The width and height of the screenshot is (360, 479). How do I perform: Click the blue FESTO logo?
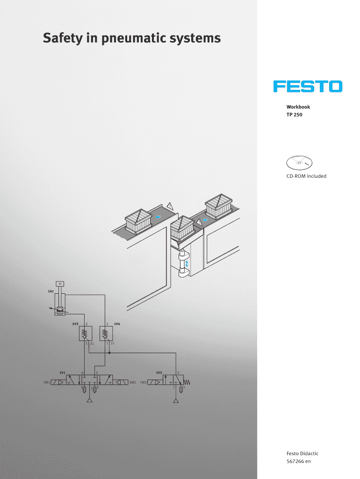308,87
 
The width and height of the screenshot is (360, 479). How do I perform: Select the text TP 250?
295,115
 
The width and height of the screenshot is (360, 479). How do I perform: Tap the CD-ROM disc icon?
299,162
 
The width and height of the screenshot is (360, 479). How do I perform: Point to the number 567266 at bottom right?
295,461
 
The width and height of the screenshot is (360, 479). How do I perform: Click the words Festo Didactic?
302,453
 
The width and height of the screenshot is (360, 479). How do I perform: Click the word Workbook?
298,107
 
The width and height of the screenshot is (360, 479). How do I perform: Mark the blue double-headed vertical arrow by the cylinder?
187,264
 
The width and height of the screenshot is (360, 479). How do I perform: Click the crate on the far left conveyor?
138,221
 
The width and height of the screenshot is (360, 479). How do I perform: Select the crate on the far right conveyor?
219,206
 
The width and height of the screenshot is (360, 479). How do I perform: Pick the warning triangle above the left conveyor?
170,206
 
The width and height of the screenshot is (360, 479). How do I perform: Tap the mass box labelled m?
60,284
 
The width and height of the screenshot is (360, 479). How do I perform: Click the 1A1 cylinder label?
50,291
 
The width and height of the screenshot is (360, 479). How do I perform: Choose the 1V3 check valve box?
86,334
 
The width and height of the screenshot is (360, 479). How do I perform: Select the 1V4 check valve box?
106,334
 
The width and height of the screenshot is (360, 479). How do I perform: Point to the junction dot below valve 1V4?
109,353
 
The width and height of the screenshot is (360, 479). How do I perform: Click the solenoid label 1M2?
132,382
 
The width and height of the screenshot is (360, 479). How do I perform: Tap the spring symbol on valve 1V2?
187,382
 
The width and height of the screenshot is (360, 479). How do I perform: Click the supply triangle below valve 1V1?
89,400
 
